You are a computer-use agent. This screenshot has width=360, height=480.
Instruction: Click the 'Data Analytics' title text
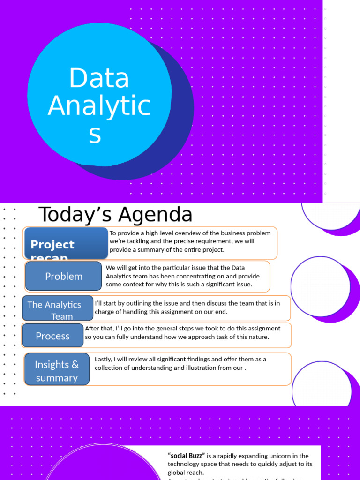click(99, 105)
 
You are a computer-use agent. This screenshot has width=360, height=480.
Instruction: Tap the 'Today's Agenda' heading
click(115, 215)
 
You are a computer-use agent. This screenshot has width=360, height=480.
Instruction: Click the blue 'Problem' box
click(64, 276)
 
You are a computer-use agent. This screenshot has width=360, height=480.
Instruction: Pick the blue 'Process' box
click(52, 336)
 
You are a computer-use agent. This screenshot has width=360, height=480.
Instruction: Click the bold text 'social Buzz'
click(186, 456)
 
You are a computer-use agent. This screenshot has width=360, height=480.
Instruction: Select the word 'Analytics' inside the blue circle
click(99, 106)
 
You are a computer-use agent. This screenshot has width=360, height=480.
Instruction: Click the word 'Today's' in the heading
click(75, 215)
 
